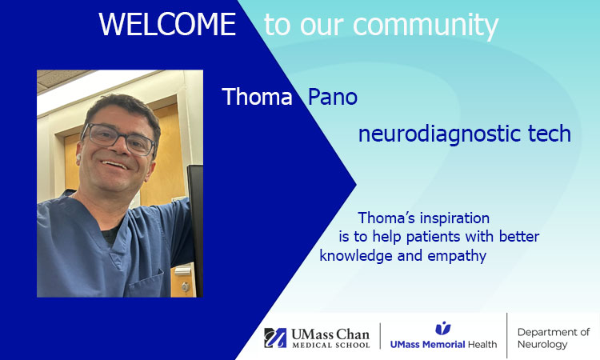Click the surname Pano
332,98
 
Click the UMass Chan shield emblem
275,338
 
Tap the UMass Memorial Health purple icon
442,328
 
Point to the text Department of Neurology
553,338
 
